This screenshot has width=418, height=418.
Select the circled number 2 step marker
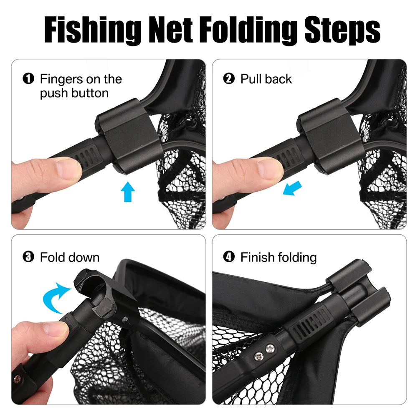coord(229,79)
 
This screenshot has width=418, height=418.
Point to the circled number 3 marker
coord(28,257)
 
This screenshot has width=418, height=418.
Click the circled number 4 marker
coord(229,257)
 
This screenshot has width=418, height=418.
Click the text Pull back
coord(266,79)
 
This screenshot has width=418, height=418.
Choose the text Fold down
coord(70,257)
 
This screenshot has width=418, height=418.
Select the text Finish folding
coord(279,257)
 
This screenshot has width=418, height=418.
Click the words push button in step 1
coord(74,93)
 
